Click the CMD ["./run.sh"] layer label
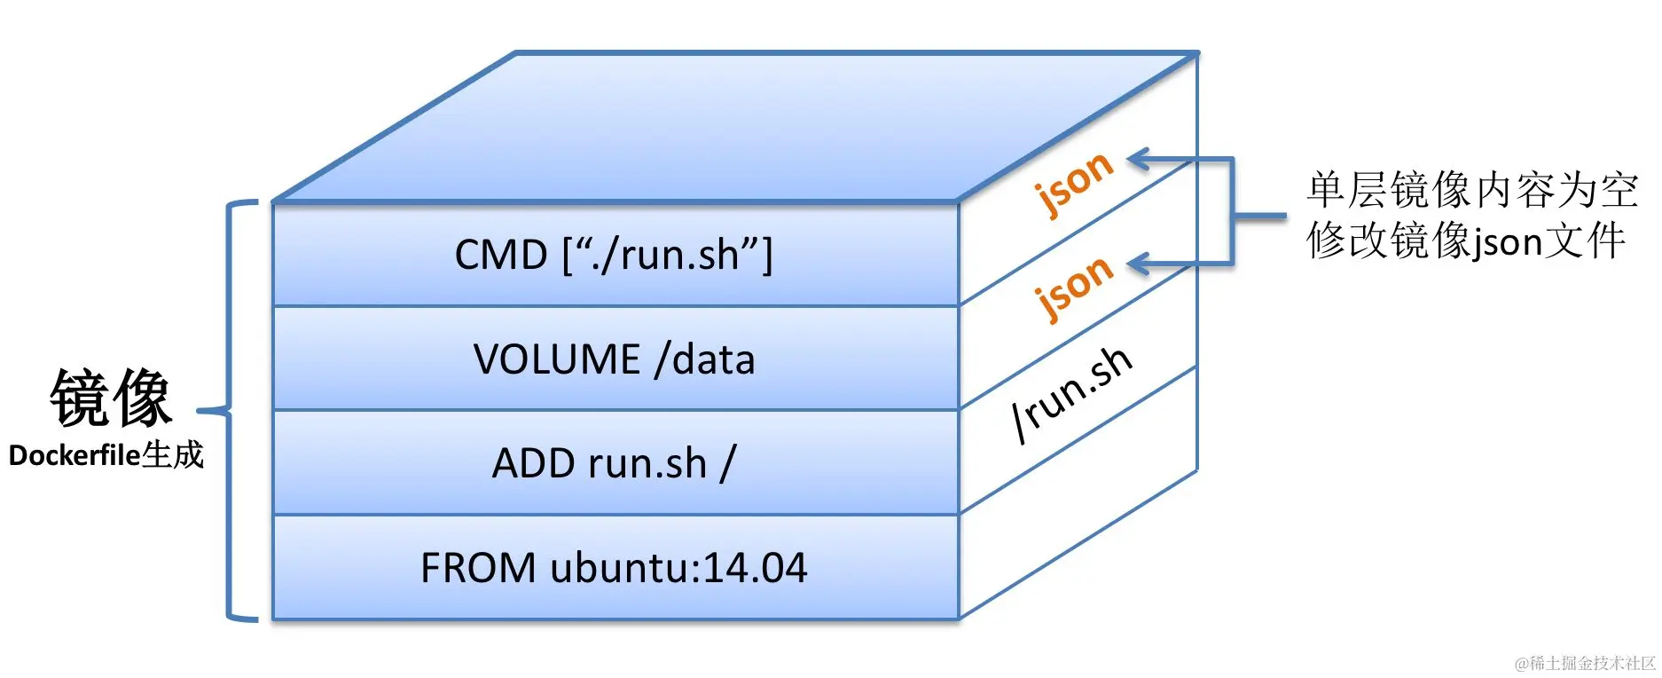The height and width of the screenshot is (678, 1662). point(614,255)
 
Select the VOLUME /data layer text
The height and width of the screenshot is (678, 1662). point(614,359)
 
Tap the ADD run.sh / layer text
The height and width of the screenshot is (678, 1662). point(614,463)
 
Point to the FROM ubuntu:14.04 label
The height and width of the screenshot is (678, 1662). point(614,568)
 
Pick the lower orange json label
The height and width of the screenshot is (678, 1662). point(1074,287)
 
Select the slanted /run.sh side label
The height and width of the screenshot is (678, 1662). point(1072,394)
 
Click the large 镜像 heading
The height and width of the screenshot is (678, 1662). point(111,398)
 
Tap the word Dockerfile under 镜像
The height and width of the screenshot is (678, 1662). point(74,456)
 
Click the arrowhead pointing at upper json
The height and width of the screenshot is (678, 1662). point(1139,160)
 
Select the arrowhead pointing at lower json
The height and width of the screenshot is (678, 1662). point(1139,264)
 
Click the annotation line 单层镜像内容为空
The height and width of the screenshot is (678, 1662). point(1471,191)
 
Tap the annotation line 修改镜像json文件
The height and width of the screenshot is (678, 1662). point(1465,241)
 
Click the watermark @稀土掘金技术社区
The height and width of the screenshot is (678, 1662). point(1585,663)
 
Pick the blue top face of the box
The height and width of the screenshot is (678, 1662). point(736,124)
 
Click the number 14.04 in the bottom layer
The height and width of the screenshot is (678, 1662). point(755,568)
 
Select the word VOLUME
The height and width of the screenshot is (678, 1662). point(557,359)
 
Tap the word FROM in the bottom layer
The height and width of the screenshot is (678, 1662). point(478,568)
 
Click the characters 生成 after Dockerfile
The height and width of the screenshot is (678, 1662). point(173,455)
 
